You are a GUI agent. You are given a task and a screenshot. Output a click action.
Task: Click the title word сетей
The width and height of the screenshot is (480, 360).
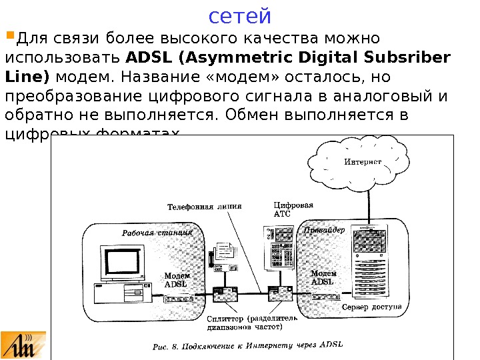[240, 15]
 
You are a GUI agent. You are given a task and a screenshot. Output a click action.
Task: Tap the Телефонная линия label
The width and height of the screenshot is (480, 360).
[204, 207]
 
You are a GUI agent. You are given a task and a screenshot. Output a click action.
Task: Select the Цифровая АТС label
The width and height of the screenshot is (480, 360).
[293, 209]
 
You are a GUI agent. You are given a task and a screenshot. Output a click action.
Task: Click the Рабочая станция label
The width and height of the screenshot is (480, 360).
[157, 233]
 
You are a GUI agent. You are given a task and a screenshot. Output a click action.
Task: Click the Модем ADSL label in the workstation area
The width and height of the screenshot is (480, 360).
[177, 279]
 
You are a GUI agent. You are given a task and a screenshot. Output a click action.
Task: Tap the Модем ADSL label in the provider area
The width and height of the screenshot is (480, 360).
[324, 277]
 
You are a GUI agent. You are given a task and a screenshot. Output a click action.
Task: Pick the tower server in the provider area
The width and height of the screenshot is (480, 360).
[371, 264]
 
